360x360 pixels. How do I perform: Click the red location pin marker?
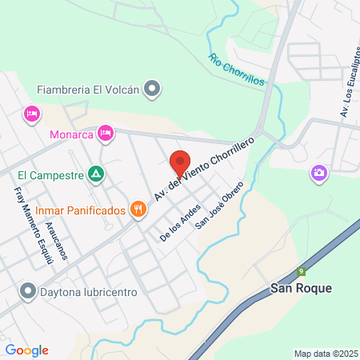click(x=181, y=162)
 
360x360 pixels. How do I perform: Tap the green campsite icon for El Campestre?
click(x=96, y=172)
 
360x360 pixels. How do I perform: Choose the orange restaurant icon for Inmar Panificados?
click(x=139, y=210)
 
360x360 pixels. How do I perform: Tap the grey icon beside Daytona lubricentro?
click(x=29, y=291)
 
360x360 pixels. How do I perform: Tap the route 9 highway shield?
click(x=302, y=271)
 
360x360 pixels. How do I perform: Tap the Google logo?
click(x=26, y=350)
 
